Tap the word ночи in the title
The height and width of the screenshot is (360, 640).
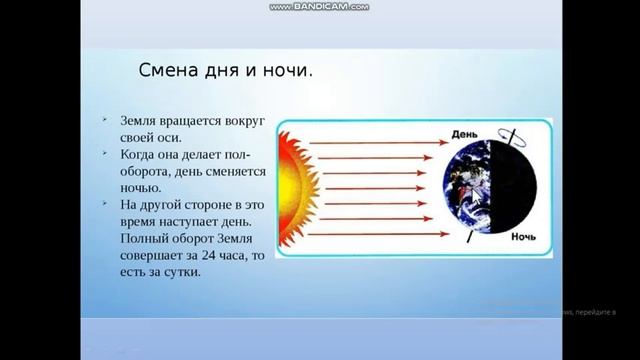pos(283,72)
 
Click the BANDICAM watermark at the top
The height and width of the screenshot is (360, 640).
pos(319,6)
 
